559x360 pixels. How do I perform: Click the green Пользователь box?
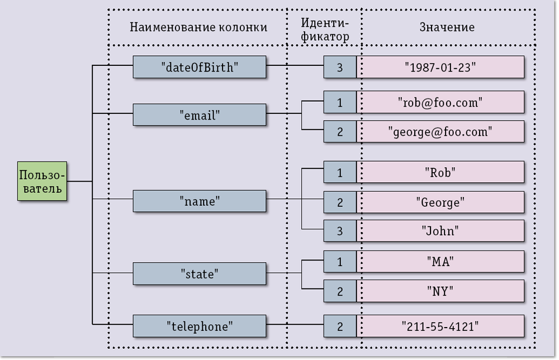(42, 181)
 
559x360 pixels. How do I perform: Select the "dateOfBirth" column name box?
(199, 67)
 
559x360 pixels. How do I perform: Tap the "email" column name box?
(199, 115)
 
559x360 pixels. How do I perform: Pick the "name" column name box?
(199, 201)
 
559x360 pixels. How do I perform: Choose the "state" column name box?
(199, 274)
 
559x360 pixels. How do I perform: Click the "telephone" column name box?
(199, 326)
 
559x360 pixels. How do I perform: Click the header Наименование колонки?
(198, 27)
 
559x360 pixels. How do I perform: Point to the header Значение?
(447, 27)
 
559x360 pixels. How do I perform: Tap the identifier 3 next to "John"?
(340, 231)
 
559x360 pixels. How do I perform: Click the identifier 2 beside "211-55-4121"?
(340, 326)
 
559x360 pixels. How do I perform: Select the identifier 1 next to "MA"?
(340, 261)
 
